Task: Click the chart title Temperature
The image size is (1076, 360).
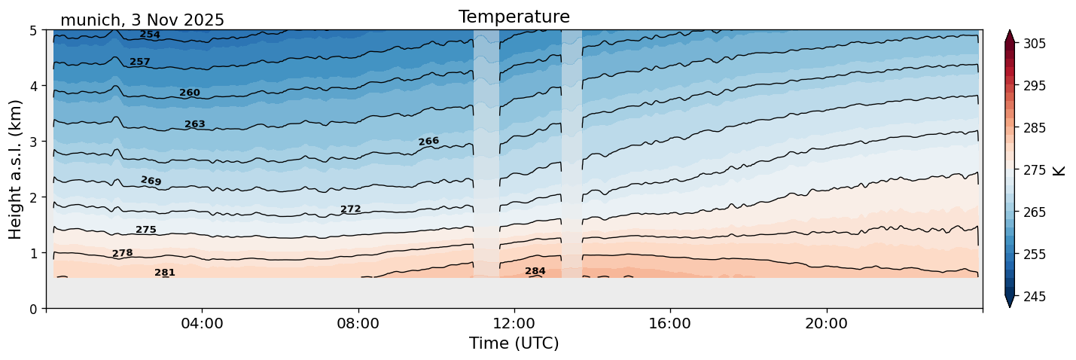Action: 514,17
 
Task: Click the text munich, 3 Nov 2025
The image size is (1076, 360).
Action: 142,20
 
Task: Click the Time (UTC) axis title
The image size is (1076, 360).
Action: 514,343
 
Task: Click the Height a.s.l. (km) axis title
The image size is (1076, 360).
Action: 17,169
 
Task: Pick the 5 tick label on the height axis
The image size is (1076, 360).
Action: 34,30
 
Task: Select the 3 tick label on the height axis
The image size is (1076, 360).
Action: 34,142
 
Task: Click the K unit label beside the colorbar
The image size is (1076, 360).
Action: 1059,170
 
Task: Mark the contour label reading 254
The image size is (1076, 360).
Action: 150,35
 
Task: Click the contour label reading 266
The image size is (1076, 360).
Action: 428,142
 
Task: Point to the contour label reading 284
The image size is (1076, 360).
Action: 535,271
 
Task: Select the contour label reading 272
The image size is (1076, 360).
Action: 351,209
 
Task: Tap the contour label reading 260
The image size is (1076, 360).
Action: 190,93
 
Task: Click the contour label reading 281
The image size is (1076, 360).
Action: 165,273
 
